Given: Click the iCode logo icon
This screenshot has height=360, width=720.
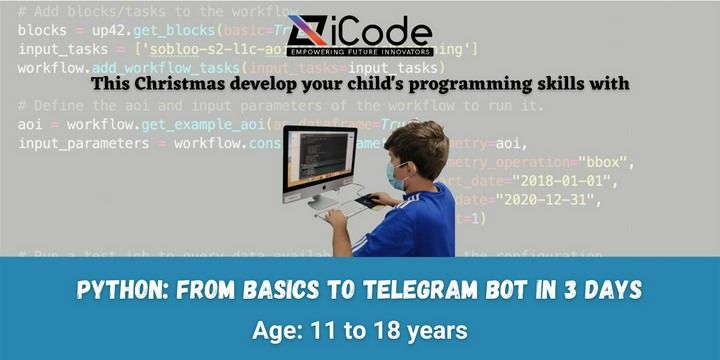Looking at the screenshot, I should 306,33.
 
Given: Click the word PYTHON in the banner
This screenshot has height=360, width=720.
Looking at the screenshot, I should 118,290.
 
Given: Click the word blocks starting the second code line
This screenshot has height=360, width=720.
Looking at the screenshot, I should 42,30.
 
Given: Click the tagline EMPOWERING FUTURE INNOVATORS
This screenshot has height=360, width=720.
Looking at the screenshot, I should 360,50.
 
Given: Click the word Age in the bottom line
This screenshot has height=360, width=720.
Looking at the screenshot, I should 276,327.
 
